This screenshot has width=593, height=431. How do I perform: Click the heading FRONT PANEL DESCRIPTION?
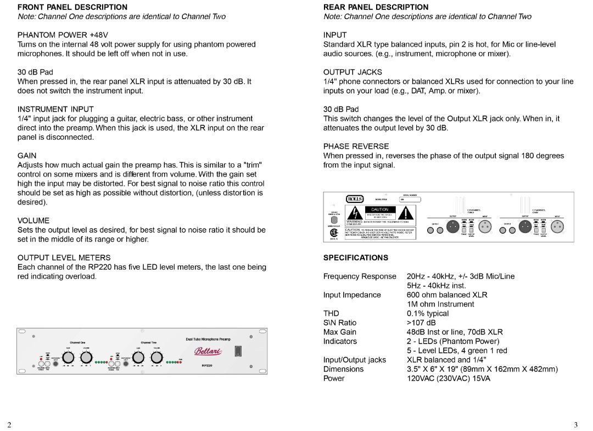(72, 7)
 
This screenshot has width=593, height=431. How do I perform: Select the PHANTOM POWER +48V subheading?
(63, 35)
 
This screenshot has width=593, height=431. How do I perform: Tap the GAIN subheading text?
(27, 155)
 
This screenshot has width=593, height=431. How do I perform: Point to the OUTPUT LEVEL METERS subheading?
(64, 257)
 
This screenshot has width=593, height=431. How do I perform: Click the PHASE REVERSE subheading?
(356, 146)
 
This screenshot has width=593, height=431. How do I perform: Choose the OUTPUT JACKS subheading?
(353, 72)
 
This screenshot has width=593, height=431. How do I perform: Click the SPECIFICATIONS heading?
(355, 257)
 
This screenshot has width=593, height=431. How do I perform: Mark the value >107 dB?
(421, 322)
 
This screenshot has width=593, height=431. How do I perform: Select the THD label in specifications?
(331, 313)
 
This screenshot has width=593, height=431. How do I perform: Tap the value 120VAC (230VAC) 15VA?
(448, 378)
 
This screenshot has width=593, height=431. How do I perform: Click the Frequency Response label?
(359, 276)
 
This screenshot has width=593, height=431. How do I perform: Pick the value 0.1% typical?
(427, 313)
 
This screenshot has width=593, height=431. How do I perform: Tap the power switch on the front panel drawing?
(238, 351)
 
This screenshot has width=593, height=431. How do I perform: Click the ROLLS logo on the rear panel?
(355, 199)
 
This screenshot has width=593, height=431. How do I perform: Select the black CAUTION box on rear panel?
(379, 209)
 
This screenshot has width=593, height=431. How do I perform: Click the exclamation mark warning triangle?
(409, 213)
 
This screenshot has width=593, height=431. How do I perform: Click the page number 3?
(575, 424)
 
